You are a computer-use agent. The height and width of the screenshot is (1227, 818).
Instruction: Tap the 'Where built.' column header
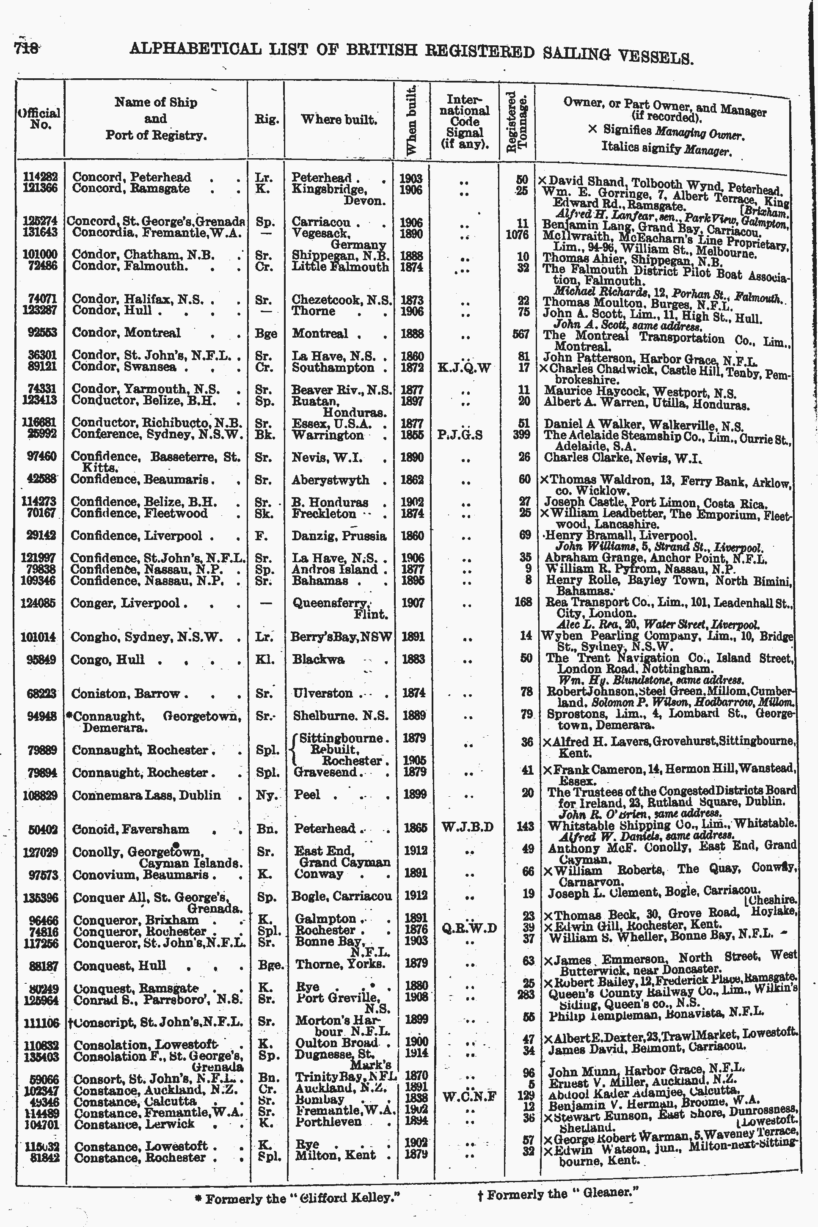(339, 119)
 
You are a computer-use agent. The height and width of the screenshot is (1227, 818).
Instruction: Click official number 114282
(40, 177)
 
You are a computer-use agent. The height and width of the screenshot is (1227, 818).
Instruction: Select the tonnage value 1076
(518, 235)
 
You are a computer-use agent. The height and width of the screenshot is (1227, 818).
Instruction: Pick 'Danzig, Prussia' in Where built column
(339, 536)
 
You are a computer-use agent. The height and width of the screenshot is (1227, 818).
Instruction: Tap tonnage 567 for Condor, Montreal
(522, 334)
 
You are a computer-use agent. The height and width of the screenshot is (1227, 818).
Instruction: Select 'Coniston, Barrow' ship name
(126, 693)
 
